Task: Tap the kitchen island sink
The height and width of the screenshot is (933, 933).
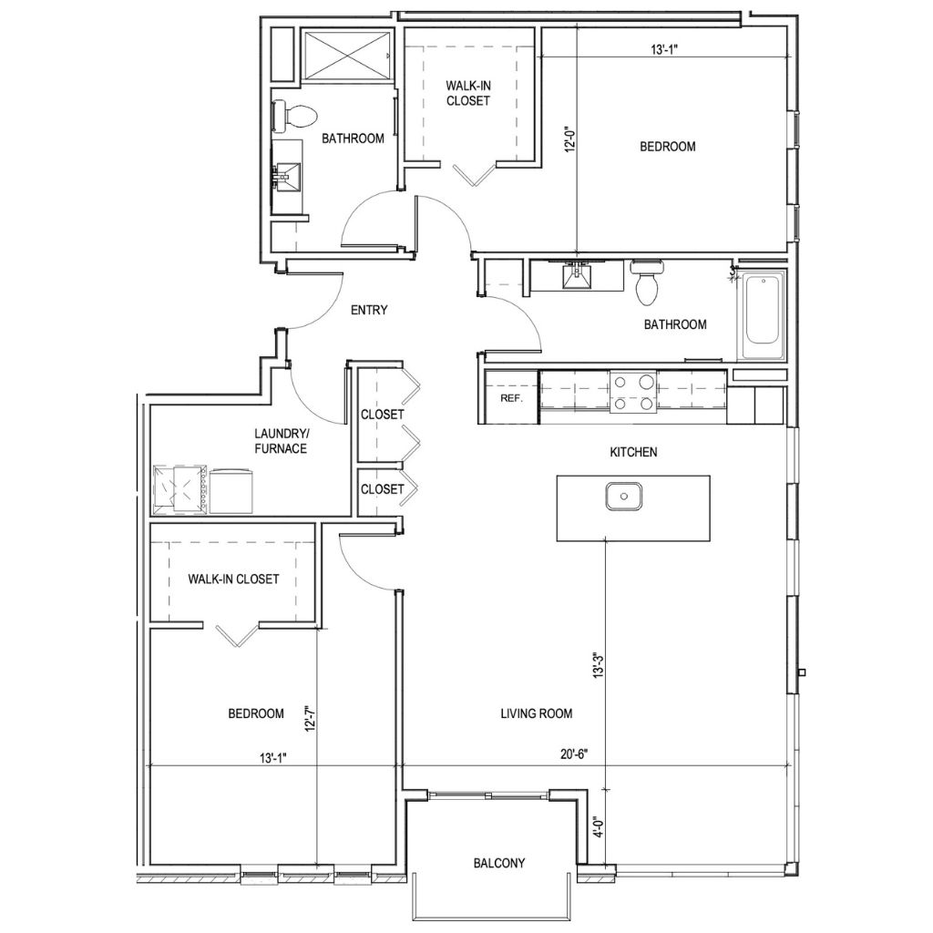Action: pos(624,497)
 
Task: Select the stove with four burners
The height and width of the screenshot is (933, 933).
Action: pos(633,393)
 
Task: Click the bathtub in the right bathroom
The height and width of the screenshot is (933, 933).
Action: pos(763,316)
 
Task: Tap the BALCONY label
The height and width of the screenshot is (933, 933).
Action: pos(498,863)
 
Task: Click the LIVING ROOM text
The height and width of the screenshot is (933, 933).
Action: pos(537,713)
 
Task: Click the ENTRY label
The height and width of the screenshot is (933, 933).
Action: pos(369,310)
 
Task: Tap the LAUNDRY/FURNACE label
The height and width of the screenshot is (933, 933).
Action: pos(281,441)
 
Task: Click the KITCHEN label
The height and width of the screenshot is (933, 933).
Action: pos(633,451)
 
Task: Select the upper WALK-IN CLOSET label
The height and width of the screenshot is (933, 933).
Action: pos(467,93)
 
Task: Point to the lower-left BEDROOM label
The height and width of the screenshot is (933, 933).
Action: pos(255,713)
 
